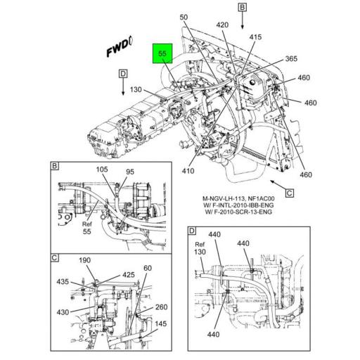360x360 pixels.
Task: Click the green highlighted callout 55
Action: pos(162,53)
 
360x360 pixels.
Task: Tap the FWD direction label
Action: pos(118,49)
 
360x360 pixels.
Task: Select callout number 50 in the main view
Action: pos(184,17)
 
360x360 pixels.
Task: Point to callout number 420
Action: pos(223,25)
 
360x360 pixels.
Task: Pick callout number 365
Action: pos(291,59)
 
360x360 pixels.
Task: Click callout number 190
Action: pos(85,260)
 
